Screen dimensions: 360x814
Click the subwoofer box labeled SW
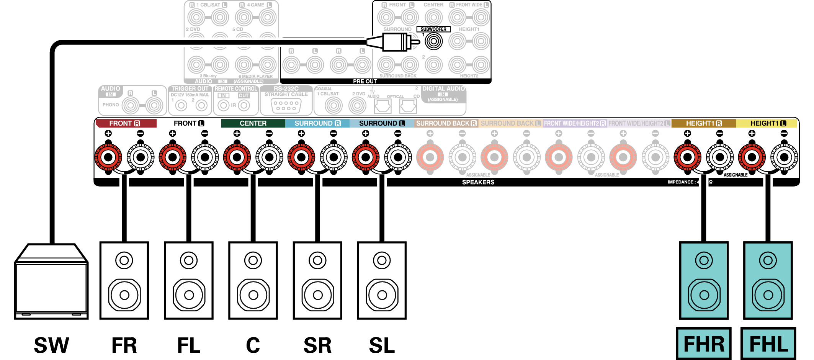(x=51, y=283)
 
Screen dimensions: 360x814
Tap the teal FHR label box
(x=704, y=344)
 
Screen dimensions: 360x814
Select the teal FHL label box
(x=768, y=344)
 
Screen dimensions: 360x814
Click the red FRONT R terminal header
(x=126, y=123)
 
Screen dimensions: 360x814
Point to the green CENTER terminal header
(x=253, y=123)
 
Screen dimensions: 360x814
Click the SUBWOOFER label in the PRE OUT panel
(x=433, y=29)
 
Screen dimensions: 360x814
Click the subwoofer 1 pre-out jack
(x=434, y=41)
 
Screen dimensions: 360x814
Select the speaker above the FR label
(x=124, y=280)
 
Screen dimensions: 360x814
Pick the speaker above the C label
(x=253, y=280)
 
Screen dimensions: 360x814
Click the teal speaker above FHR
(x=704, y=280)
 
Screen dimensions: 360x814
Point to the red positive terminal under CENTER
(x=237, y=157)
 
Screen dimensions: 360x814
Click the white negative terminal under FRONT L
(x=205, y=157)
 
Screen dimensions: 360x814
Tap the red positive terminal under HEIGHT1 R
(x=688, y=157)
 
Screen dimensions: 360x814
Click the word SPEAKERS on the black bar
(x=478, y=182)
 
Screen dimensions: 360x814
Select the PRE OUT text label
(x=365, y=81)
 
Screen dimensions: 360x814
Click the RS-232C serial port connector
(x=286, y=106)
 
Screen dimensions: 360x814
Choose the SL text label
(x=382, y=345)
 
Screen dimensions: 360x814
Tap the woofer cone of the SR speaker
(x=317, y=295)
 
